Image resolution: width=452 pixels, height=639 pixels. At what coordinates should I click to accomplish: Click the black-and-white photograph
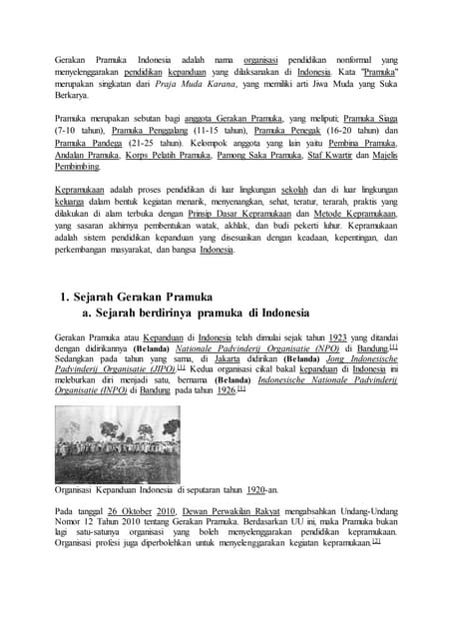click(x=118, y=443)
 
